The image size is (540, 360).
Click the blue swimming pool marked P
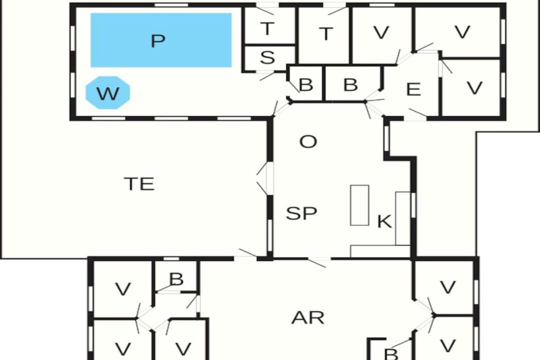click(161, 40)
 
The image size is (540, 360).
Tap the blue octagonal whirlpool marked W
click(108, 92)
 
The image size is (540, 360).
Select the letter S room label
click(267, 57)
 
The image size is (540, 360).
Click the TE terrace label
click(139, 183)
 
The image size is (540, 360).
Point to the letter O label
click(308, 141)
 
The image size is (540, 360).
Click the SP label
click(301, 213)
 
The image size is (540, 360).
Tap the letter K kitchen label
click(384, 221)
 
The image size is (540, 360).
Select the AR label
click(308, 317)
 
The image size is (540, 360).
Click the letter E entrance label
click(413, 89)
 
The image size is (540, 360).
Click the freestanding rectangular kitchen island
click(359, 205)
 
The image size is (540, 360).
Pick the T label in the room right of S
click(326, 34)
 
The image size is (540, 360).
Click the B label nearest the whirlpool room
click(306, 84)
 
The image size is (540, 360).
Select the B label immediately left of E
click(350, 84)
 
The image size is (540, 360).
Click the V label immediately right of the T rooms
click(381, 32)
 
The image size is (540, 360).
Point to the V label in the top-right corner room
click(462, 32)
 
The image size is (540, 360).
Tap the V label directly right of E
click(474, 87)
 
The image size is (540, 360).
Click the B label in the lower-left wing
click(176, 279)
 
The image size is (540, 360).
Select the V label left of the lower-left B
click(123, 288)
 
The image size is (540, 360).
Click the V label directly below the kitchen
click(448, 287)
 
